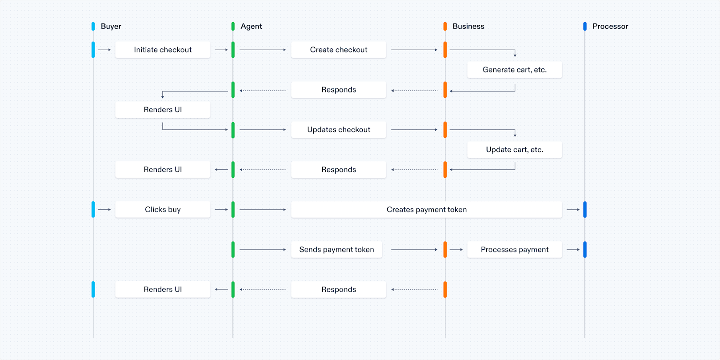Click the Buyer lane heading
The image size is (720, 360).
point(111,26)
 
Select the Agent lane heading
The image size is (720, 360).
point(251,26)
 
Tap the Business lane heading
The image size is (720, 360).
point(468,26)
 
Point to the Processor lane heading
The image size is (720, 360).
point(610,26)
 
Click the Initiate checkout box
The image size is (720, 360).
point(163,50)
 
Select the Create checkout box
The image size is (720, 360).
point(339,50)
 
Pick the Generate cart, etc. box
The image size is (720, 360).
point(514,70)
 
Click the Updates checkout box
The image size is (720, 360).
point(339,130)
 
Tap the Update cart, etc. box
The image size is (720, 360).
point(514,150)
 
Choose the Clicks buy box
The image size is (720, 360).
point(163,209)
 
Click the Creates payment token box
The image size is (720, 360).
point(426,209)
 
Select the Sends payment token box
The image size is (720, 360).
point(336,249)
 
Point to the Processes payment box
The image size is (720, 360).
point(514,249)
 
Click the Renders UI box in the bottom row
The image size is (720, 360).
point(163,289)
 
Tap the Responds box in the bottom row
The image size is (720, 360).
point(339,289)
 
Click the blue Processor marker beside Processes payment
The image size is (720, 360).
point(585,249)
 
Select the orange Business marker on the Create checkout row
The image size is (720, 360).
point(445,50)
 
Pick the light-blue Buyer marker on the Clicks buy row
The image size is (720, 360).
point(93,209)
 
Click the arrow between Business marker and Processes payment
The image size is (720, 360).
point(456,250)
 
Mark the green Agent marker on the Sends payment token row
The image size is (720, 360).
point(233,249)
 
